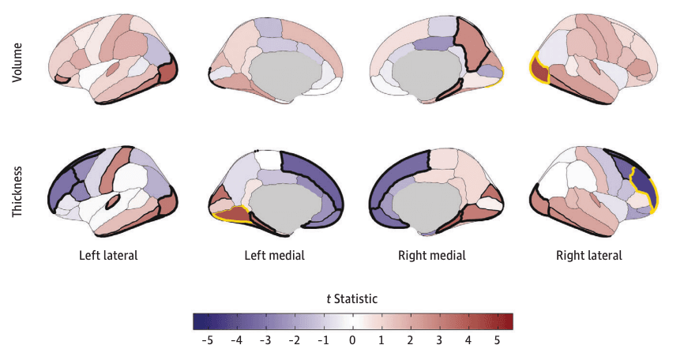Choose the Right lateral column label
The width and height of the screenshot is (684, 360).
588,256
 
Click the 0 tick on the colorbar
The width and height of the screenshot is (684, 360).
352,340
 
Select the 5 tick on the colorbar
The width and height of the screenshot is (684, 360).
498,340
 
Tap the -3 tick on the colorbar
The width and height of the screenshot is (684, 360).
265,340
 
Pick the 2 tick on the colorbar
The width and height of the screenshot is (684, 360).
411,340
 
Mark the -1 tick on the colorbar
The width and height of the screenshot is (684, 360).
322,340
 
